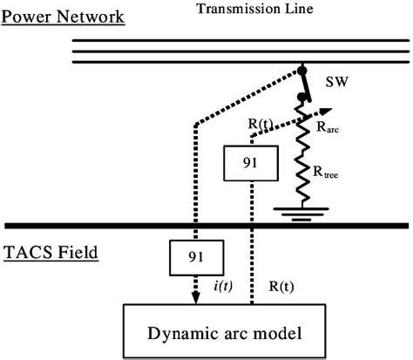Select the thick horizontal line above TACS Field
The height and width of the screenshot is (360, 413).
206,225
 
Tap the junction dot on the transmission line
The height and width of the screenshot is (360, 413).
303,70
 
